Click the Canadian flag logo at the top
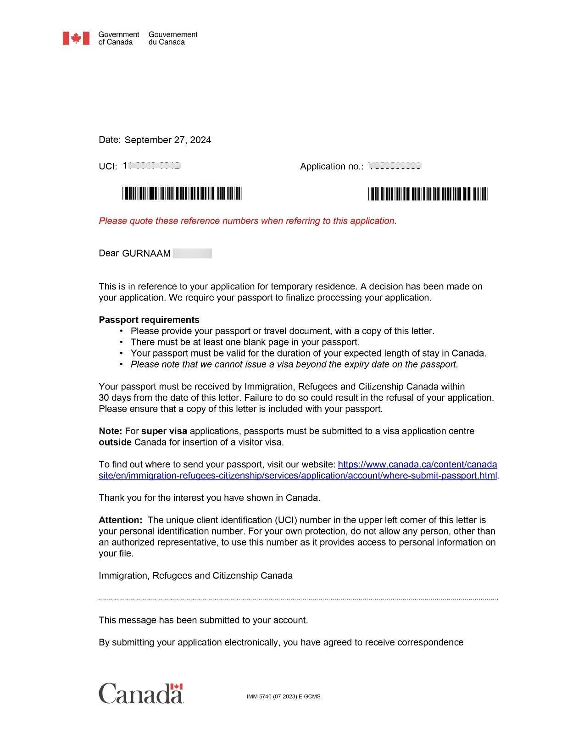coord(76,38)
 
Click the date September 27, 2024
coord(167,140)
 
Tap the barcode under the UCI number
coord(182,194)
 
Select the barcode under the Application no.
coord(428,194)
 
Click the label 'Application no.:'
coord(331,167)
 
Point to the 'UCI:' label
coord(108,167)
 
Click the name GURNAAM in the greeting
coord(146,253)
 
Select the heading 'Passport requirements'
coord(149,320)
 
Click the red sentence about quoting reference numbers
coord(248,221)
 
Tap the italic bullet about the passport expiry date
coord(294,364)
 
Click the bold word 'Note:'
coord(110,431)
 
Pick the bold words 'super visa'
coord(164,431)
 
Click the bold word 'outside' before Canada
coord(115,442)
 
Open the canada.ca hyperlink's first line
coord(417,464)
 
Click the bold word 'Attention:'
coord(121,520)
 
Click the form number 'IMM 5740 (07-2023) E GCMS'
coord(283,696)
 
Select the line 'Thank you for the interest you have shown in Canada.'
coord(209,498)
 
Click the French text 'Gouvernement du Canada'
coord(172,38)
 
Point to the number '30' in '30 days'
coord(104,398)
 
